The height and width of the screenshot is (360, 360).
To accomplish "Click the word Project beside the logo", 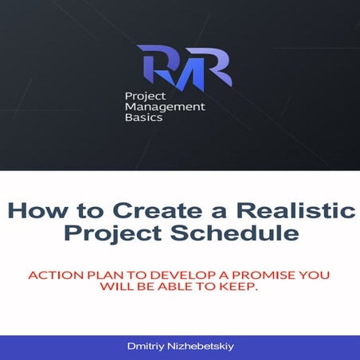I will coord(143,94).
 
